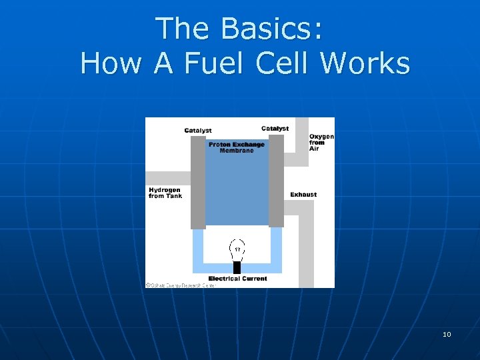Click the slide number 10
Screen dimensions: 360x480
447,334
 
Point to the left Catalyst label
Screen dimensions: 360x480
198,131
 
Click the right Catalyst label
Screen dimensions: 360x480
275,128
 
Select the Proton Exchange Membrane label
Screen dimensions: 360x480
237,147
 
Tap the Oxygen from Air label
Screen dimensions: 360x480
321,143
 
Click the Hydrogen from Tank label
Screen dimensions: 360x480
165,193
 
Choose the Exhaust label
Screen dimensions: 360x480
303,195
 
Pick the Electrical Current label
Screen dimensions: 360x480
237,279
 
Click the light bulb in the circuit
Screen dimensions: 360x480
237,251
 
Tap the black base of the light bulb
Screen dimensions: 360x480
237,267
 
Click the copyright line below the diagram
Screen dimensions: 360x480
181,285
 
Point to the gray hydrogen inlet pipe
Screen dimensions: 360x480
167,178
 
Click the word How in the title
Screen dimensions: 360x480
111,64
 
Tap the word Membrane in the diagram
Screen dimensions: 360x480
237,151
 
